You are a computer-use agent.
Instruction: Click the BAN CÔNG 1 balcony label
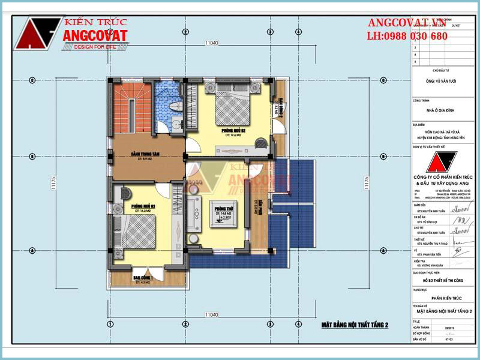pos(143,278)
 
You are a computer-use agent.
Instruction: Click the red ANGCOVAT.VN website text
pos(407,23)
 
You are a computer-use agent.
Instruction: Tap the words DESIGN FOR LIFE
pos(94,47)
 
